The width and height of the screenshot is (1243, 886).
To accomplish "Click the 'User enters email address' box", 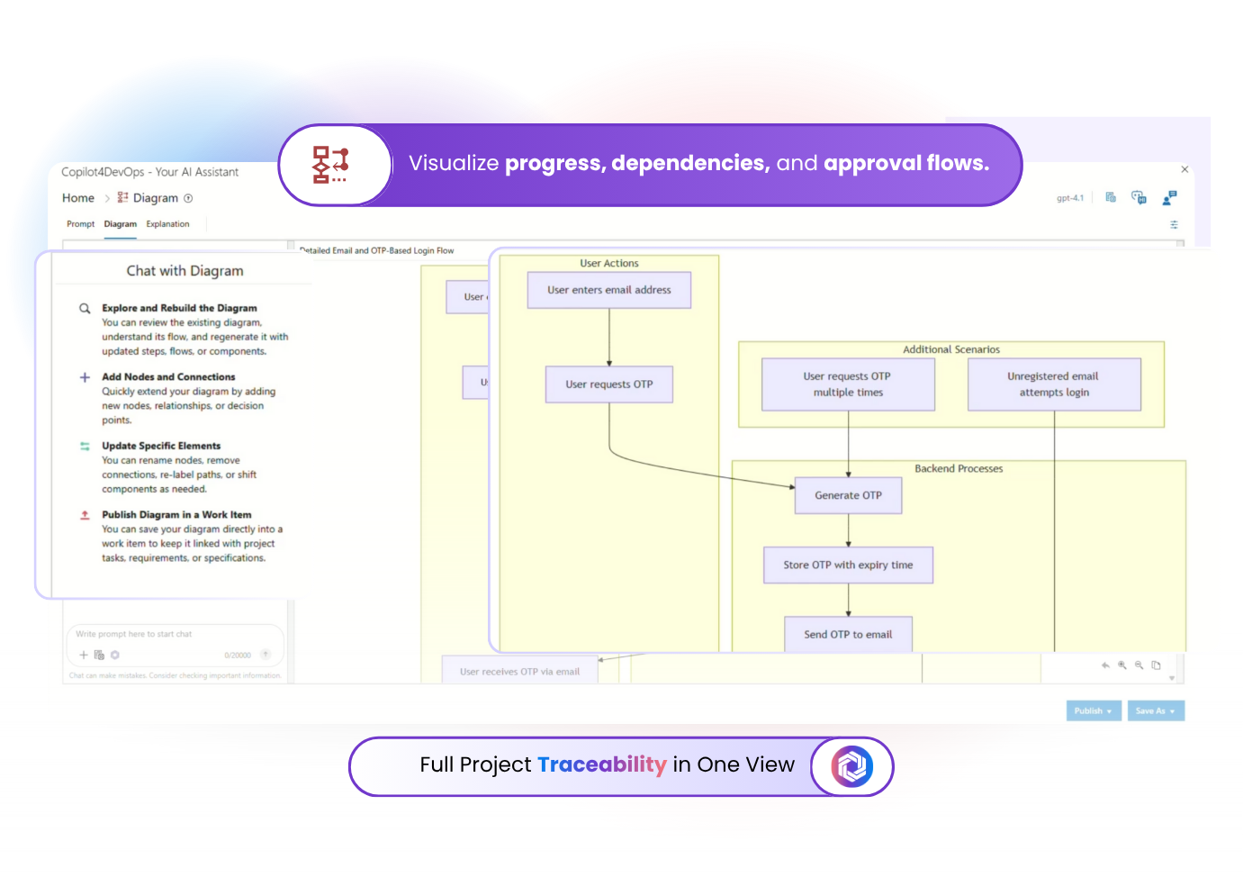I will click(608, 290).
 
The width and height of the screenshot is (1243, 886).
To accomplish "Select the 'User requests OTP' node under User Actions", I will click(608, 384).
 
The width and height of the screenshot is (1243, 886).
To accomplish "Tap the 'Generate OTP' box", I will click(848, 495).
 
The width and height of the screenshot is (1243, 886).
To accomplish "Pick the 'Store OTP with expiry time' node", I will click(848, 565).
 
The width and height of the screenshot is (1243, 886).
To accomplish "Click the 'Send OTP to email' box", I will click(848, 635).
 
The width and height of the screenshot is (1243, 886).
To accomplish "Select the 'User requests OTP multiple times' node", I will click(848, 384).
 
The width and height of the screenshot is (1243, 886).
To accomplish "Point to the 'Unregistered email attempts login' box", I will click(1054, 384).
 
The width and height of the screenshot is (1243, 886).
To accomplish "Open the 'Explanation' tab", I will click(167, 224).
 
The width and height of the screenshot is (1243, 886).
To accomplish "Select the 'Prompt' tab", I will click(80, 224).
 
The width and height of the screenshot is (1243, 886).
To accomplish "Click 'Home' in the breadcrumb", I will click(78, 198).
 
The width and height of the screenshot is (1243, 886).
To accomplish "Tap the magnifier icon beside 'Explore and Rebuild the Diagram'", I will click(85, 309).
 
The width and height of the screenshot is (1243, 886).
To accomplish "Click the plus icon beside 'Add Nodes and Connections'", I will click(85, 377).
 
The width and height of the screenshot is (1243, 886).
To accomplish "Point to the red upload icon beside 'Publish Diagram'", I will click(85, 515).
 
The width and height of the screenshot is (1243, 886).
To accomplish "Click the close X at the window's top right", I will click(1184, 169).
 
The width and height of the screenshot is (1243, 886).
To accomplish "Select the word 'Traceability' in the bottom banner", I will click(602, 764).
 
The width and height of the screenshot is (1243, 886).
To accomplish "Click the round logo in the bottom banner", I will click(851, 766).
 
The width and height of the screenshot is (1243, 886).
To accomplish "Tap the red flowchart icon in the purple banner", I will click(330, 165).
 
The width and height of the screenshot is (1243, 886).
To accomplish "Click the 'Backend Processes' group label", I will click(959, 469).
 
